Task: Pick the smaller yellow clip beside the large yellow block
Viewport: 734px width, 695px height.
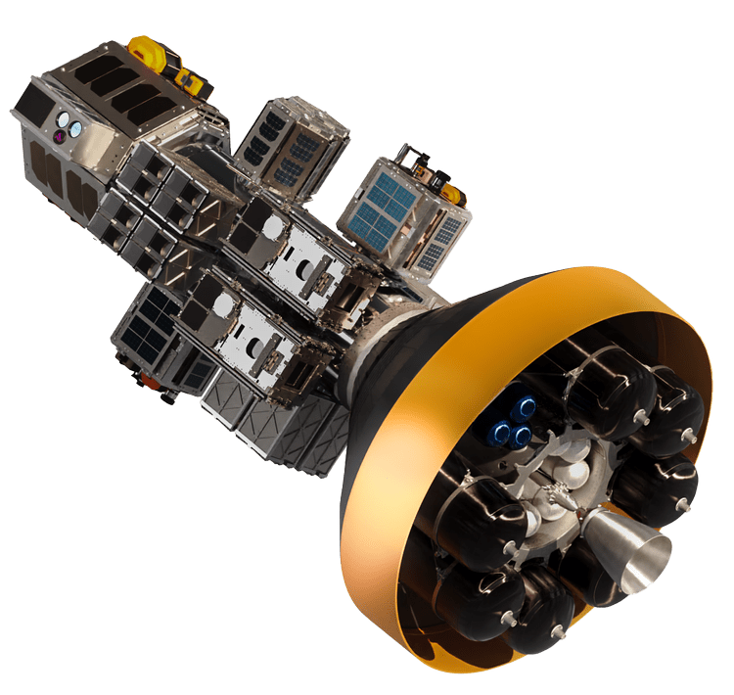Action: click(192, 84)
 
